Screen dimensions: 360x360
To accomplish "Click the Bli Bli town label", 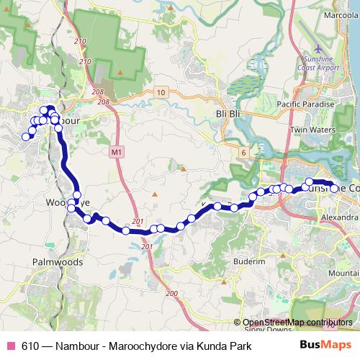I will [x=228, y=113].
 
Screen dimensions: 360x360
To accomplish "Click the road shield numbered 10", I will [x=161, y=91].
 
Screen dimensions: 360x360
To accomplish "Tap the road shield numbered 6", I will [x=244, y=152].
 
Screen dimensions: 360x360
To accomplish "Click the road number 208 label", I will [x=99, y=94].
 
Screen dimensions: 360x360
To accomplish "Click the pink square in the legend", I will [x=10, y=346].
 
